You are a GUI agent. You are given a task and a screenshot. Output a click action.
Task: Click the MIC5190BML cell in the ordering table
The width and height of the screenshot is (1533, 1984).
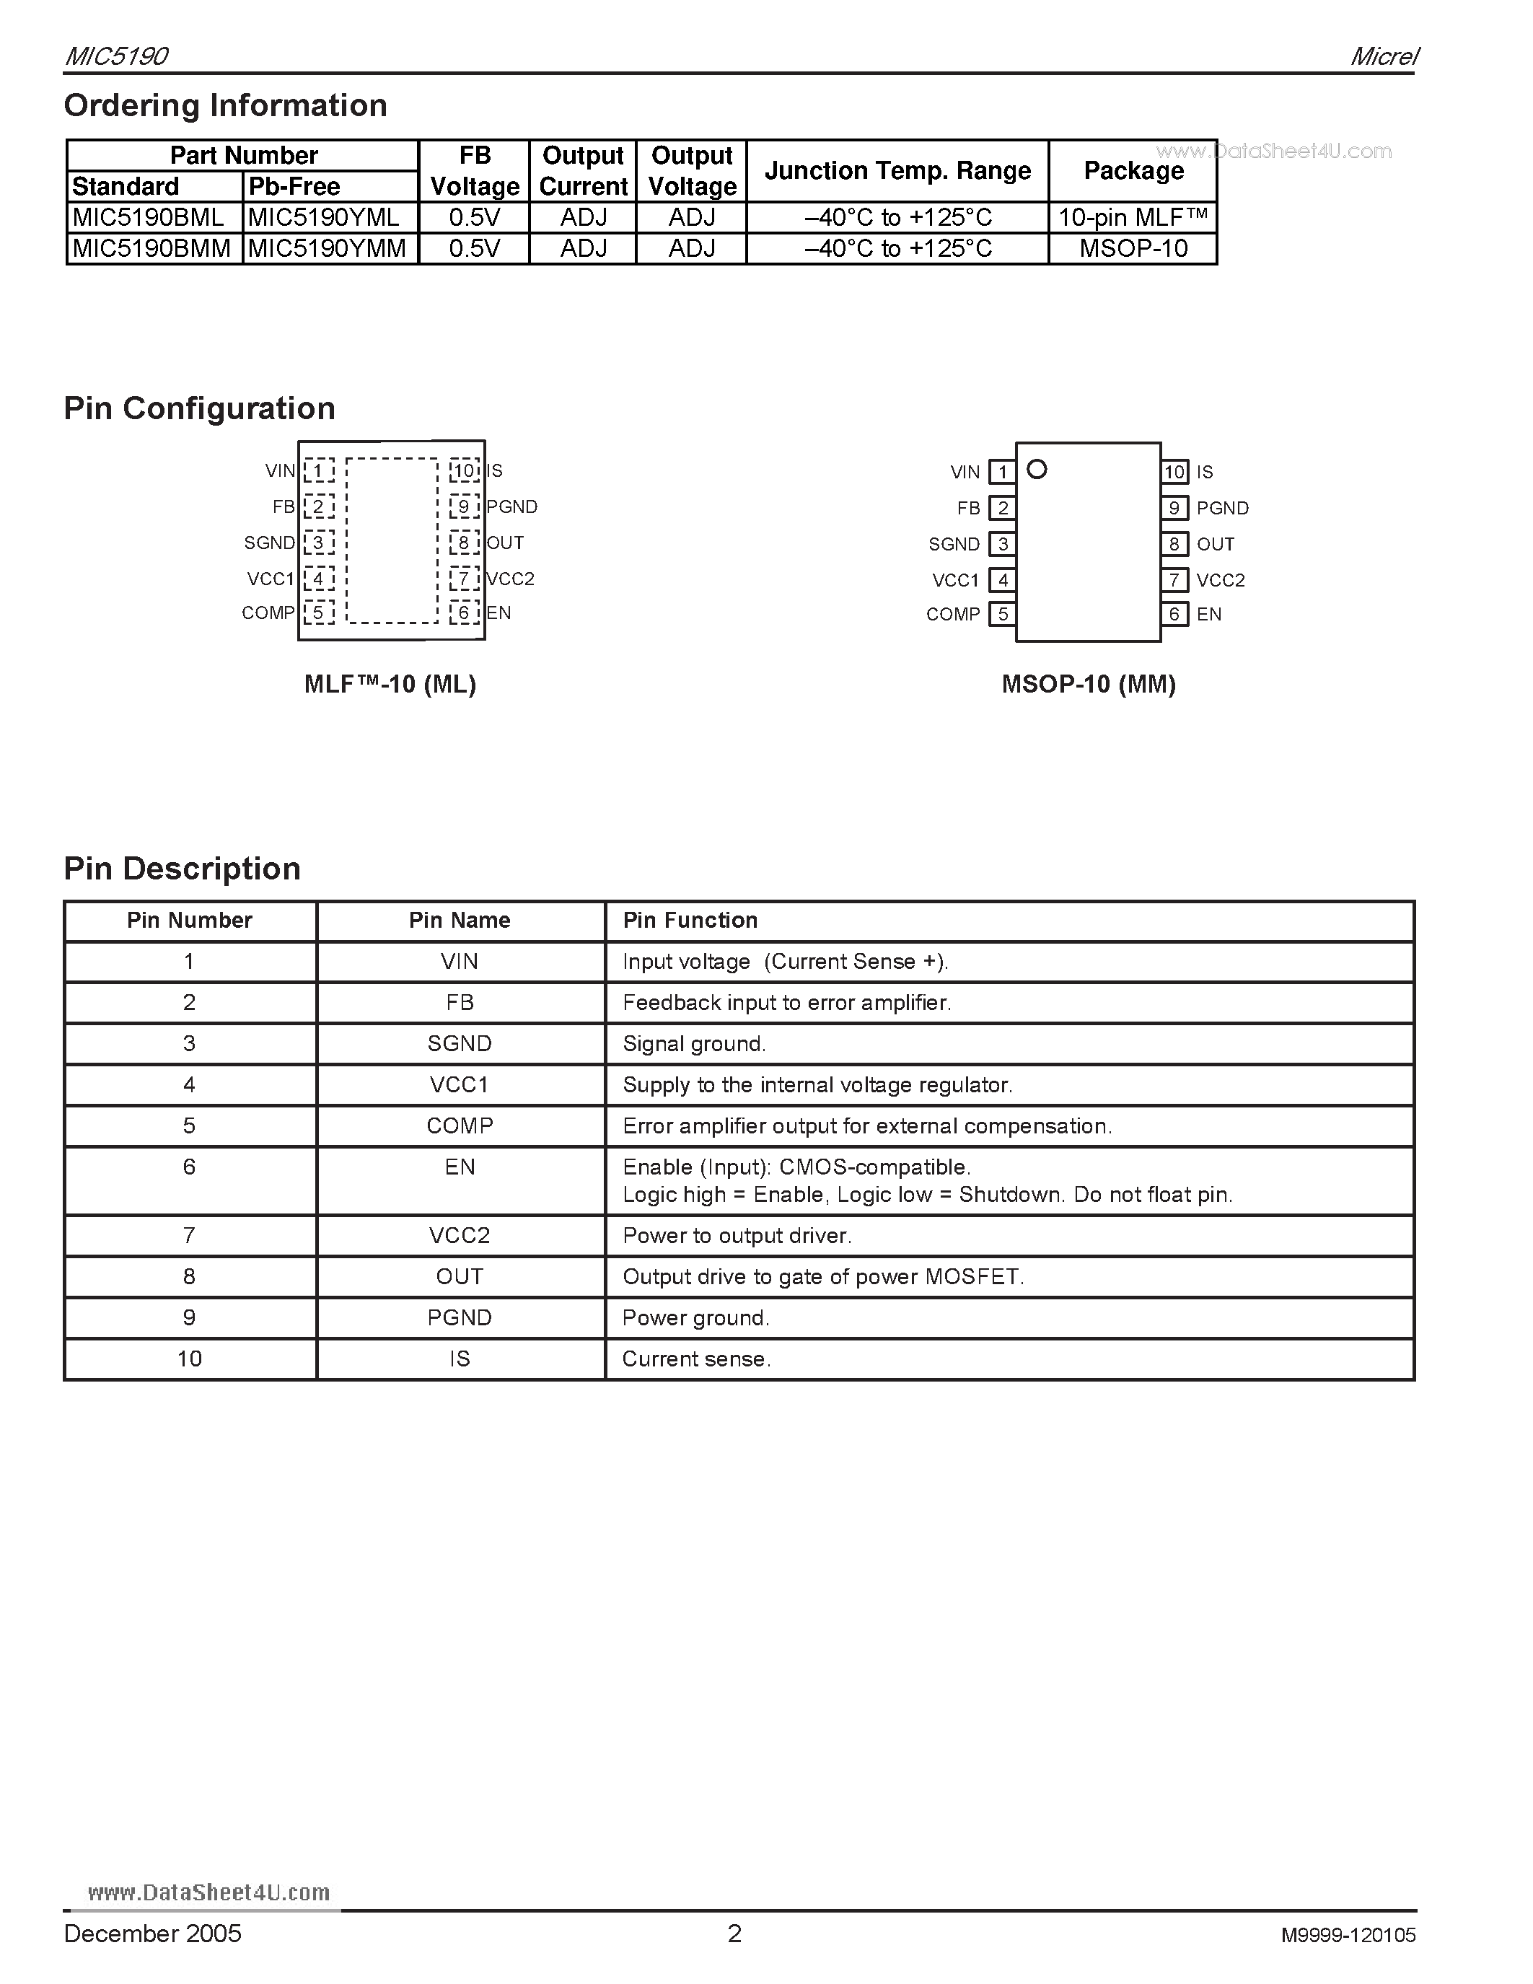tap(148, 217)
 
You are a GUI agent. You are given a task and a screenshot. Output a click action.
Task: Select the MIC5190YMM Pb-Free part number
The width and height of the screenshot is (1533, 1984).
tap(327, 248)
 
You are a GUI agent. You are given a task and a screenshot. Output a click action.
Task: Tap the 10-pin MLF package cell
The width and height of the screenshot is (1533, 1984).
tap(1133, 217)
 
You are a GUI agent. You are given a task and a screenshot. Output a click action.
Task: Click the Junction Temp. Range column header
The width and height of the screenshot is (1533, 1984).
tap(897, 171)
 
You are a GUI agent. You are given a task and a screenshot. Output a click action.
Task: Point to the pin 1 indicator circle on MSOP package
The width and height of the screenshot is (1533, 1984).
tap(1036, 470)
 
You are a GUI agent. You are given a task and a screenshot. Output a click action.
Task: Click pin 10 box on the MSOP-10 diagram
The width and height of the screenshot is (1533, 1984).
tap(1174, 472)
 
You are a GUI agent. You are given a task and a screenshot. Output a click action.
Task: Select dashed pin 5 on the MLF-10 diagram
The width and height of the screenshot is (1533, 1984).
tap(319, 613)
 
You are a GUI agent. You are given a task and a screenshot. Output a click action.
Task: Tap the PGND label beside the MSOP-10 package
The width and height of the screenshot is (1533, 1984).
tap(1222, 508)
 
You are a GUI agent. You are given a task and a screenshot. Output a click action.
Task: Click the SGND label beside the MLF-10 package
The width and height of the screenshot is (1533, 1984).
tap(269, 543)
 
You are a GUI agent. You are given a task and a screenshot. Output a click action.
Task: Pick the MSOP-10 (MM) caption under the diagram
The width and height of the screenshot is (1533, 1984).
tap(1088, 684)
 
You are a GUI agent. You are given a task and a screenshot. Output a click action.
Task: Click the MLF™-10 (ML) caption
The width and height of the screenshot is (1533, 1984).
tap(390, 684)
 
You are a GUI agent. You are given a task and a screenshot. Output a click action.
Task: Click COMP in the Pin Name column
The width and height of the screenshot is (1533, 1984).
tap(460, 1125)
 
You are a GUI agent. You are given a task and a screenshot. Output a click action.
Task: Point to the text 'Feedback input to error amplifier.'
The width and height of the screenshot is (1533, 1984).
tap(786, 1003)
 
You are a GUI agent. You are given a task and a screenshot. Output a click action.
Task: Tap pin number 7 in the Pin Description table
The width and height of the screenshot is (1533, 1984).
tap(189, 1235)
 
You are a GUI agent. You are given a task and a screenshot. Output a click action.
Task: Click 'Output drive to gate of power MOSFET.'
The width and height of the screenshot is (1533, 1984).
tap(823, 1276)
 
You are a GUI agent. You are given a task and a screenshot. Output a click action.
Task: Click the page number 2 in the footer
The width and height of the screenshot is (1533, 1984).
tap(734, 1933)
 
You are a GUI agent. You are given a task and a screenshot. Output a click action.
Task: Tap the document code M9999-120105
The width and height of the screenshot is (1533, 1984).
tap(1348, 1935)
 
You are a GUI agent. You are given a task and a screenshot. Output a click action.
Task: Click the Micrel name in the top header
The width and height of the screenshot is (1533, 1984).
tap(1383, 56)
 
